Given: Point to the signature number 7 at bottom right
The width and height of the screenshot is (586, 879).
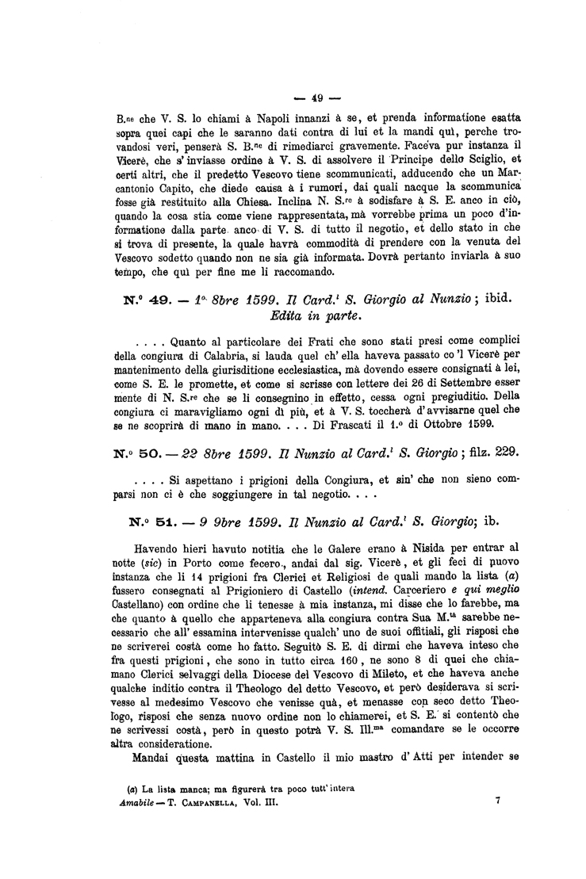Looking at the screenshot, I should pos(497,801).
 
